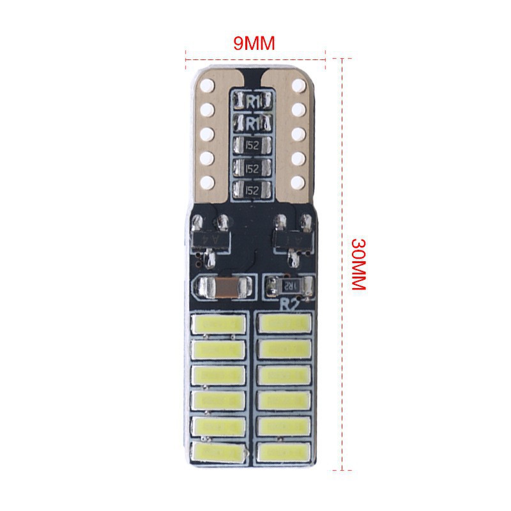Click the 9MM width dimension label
254,43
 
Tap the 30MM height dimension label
358,264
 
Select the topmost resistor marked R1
254,100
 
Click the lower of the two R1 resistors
254,121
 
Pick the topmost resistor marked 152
254,145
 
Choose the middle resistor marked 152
254,168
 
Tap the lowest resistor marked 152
254,190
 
